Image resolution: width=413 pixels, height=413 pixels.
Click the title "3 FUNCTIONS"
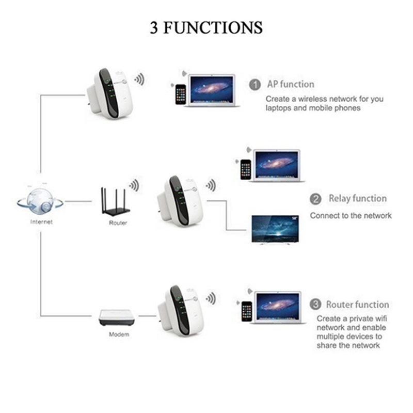coord(206,27)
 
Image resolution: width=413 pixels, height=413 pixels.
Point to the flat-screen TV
coord(275,229)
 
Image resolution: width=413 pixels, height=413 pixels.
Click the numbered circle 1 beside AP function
coord(255,85)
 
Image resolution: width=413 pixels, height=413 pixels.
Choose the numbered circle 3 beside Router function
coord(315,305)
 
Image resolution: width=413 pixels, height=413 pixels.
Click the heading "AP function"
coord(290,84)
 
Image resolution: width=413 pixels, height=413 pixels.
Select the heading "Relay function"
coord(357,199)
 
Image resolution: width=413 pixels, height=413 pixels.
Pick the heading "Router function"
coord(357,305)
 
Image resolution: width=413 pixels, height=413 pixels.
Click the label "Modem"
coord(119,335)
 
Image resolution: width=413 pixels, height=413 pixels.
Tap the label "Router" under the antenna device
coord(118,223)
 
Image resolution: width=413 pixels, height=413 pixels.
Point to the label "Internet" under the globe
coord(41,222)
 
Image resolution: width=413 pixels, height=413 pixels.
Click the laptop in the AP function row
coord(211,91)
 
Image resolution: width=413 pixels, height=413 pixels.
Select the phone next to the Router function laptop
coord(246,311)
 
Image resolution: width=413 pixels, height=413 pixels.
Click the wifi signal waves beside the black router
coord(134,185)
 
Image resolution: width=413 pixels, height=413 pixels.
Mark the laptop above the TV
coord(277,165)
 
